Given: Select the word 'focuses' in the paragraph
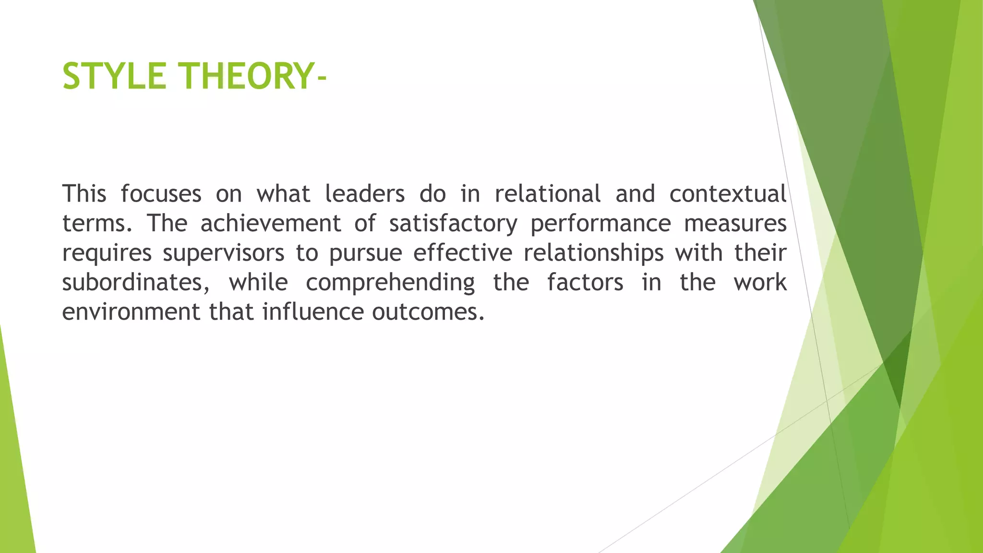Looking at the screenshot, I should pos(161,194).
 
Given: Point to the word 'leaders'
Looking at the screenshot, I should pos(365,194).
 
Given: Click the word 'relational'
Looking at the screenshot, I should pos(548,194).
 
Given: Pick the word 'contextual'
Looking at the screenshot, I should pos(728,194).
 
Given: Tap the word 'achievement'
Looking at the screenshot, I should pos(270,224).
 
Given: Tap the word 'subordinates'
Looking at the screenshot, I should pos(135,283).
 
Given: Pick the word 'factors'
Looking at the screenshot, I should pos(585,282).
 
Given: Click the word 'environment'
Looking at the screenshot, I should pos(131,312).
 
